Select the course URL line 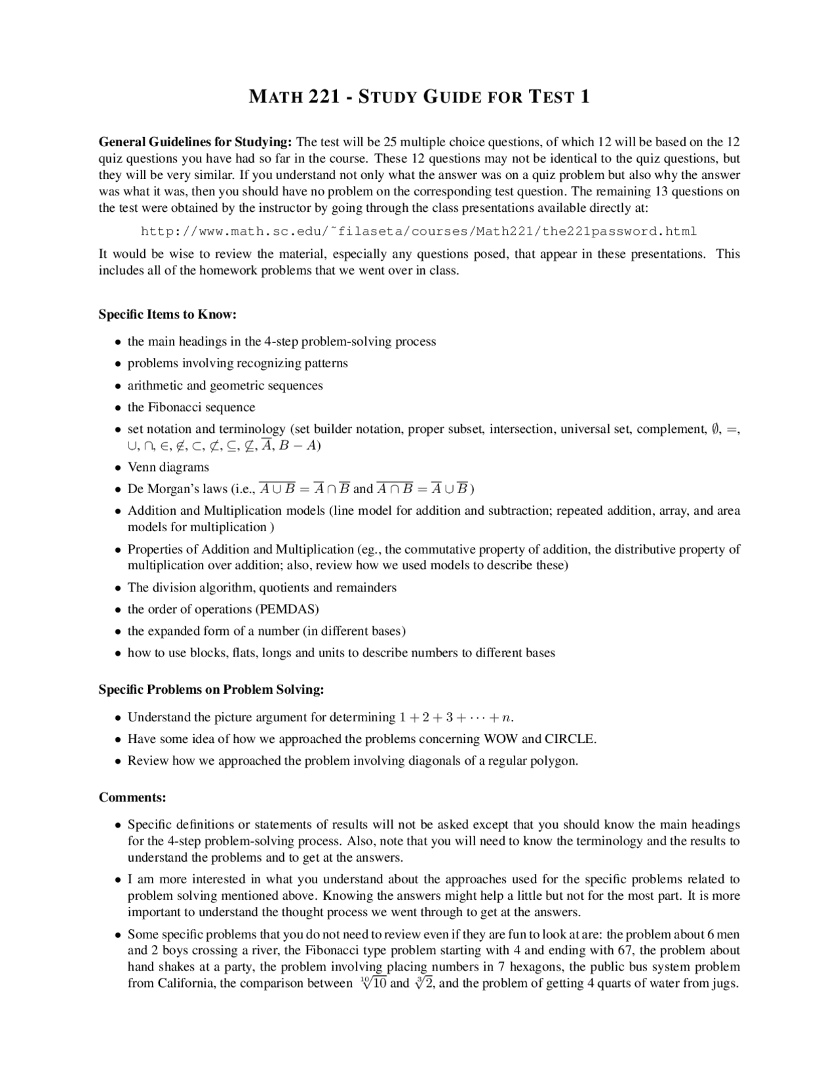[419, 231]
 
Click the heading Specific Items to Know [167, 314]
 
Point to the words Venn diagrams [168, 468]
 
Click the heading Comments [132, 797]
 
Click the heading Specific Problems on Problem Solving [211, 690]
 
